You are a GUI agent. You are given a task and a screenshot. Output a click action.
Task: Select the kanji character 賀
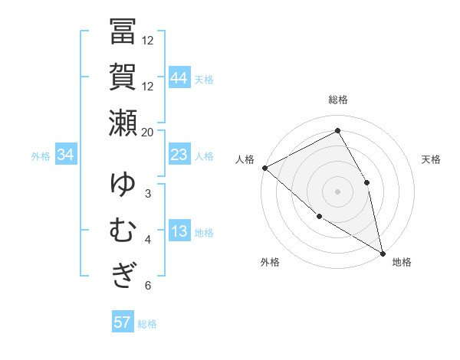pos(123,77)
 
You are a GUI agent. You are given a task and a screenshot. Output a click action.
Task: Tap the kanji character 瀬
pos(123,123)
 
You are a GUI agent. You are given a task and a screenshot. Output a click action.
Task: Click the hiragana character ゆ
pos(123,186)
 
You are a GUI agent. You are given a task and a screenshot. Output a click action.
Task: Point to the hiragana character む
pos(123,231)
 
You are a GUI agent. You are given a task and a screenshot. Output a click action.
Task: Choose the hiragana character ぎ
pos(123,274)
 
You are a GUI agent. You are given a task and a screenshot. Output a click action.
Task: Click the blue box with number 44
pos(179,78)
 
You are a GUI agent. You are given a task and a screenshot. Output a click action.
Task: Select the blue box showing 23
pos(179,155)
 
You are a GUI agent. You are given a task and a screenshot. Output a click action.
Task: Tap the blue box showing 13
pos(179,231)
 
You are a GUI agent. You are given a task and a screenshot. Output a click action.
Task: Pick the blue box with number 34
pos(66,155)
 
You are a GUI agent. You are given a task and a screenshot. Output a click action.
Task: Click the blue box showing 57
pos(123,322)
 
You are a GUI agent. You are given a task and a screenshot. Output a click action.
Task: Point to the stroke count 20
pos(148,132)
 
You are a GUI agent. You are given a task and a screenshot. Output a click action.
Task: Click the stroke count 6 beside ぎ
pos(148,286)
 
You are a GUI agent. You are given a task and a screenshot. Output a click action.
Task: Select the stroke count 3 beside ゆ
pos(148,193)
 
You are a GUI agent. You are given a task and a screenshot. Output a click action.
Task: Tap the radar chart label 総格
pos(338,100)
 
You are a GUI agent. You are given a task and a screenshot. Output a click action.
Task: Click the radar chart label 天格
pos(431,159)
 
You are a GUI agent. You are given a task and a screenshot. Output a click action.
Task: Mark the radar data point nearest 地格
pos(382,252)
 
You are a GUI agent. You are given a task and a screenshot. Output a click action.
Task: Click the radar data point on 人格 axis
pos(264,167)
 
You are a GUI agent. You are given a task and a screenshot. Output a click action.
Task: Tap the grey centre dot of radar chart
pos(338,191)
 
